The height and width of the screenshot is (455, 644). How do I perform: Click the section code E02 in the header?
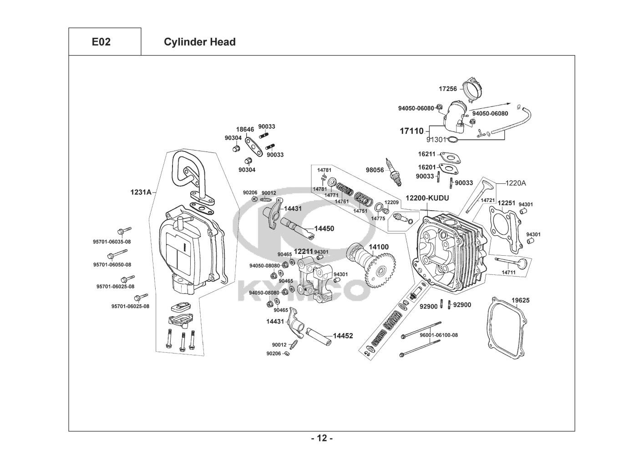tap(101, 42)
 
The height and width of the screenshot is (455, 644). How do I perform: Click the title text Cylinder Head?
tap(199, 42)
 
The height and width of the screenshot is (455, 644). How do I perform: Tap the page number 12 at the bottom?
tap(322, 439)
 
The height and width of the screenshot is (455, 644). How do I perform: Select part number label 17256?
tap(447, 89)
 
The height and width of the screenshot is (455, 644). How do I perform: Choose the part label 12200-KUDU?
tap(427, 198)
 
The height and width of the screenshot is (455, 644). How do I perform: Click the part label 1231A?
tap(141, 192)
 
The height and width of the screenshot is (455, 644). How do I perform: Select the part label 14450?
tap(324, 228)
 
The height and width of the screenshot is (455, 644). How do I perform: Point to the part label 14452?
tap(343, 336)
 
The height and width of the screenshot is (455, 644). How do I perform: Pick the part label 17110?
tap(411, 131)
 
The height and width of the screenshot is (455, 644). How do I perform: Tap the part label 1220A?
tap(516, 183)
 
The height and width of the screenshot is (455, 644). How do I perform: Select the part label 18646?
tap(245, 130)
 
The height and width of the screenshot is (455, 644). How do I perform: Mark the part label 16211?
tap(427, 154)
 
